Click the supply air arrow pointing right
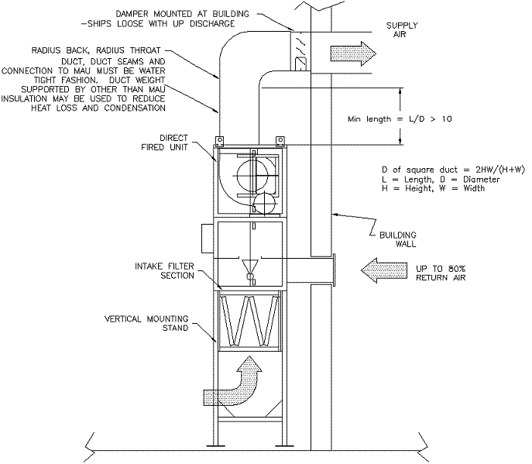pos(353,53)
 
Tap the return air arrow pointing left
pos(384,270)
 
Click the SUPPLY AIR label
pos(402,30)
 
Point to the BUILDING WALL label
pos(397,239)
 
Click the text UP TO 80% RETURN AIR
pos(441,273)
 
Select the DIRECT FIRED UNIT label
pos(164,143)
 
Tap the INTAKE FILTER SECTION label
pos(164,271)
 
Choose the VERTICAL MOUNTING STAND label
pos(146,324)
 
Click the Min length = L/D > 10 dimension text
pos(400,119)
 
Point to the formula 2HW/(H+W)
pos(500,170)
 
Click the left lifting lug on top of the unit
pos(219,141)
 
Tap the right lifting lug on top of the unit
pos(280,141)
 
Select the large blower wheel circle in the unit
pos(252,176)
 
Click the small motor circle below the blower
pos(265,203)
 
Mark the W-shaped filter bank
pos(249,321)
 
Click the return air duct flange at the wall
pos(334,270)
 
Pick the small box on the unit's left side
pos(208,239)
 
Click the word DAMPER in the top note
pos(132,14)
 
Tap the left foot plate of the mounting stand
pos(216,445)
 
